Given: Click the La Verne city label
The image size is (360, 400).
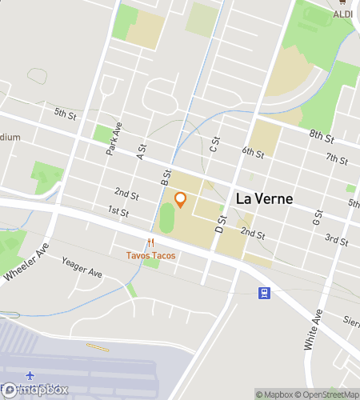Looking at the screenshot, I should (264, 198).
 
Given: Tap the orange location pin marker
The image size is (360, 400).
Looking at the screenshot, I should (180, 199).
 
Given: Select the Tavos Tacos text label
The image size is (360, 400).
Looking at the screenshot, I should (150, 256).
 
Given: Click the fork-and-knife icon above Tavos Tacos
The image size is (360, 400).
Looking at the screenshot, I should (150, 243).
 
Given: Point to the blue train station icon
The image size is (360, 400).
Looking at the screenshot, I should (263, 293).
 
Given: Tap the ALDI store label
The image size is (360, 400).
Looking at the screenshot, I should (343, 14).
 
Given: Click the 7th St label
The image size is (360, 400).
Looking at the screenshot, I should (336, 159).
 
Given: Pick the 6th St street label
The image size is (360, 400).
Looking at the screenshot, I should (253, 151).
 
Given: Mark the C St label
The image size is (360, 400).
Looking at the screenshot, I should (214, 144).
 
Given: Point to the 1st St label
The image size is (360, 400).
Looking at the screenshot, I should (118, 212).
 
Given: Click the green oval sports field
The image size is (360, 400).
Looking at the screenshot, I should (167, 218).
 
